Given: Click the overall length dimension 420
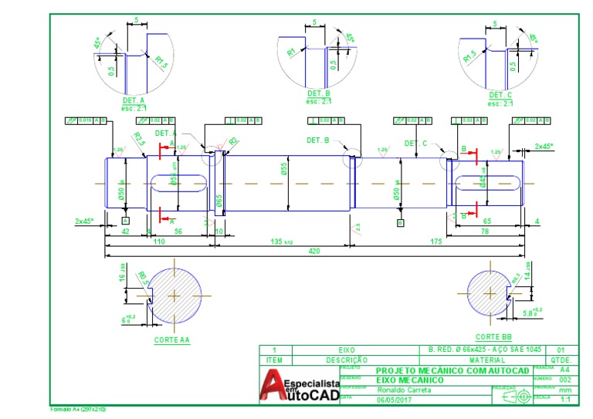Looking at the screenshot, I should click(314, 251).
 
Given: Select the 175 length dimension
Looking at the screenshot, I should click(437, 241).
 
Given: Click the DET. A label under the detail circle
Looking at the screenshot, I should click(133, 100).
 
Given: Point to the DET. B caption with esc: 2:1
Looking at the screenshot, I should click(318, 96).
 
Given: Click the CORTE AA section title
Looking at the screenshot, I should click(171, 339).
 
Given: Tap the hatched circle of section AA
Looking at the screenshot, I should click(175, 295).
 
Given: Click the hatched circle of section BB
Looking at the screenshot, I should click(493, 294).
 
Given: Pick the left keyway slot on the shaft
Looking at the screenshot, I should click(178, 183).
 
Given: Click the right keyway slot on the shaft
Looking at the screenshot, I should click(483, 184).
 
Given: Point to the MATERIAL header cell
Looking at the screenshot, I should click(486, 360).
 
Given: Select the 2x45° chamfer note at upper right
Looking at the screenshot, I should click(544, 146).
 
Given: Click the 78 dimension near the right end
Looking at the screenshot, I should click(485, 231).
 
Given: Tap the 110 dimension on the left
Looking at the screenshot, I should click(159, 241).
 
